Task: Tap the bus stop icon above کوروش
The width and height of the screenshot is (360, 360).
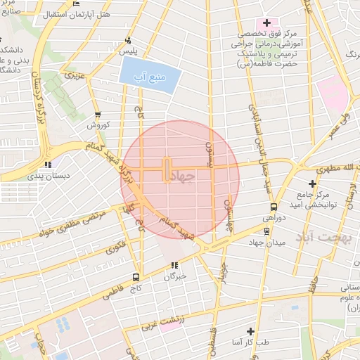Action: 97,115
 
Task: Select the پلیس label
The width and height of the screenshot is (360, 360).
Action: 127,53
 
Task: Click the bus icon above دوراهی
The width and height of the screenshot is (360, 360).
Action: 274,207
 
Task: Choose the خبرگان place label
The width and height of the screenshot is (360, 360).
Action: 174,276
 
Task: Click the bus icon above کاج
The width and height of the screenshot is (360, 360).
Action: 136,276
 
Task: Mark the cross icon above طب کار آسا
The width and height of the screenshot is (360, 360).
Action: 250,330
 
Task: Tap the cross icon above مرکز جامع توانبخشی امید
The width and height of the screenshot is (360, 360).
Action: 312,183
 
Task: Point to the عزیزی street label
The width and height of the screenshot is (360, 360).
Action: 73,74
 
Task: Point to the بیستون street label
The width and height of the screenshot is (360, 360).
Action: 209,152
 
